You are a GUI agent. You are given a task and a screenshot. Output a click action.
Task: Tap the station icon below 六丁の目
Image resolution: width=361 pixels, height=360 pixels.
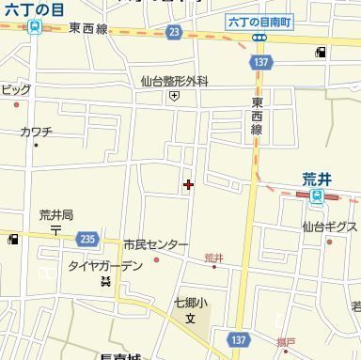tap(35, 27)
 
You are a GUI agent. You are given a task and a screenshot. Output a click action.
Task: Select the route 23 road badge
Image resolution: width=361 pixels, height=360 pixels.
tap(174, 32)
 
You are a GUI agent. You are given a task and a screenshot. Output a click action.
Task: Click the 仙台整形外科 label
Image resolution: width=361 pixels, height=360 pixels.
tap(175, 82)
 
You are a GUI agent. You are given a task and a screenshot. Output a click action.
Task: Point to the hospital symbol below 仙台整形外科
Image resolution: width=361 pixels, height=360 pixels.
tap(175, 96)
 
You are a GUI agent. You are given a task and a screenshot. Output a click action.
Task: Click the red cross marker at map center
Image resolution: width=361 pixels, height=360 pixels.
tap(189, 184)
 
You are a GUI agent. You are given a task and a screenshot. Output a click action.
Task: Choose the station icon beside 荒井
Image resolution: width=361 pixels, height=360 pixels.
tap(317, 196)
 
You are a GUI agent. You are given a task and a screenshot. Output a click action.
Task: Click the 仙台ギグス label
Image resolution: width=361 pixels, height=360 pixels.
tap(329, 227)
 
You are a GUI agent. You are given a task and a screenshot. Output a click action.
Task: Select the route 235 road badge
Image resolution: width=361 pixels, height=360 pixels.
tap(87, 239)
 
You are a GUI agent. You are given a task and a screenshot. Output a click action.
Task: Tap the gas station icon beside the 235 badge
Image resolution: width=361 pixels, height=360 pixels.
tap(13, 240)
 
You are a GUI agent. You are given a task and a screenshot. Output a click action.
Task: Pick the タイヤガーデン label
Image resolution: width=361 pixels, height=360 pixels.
tap(104, 266)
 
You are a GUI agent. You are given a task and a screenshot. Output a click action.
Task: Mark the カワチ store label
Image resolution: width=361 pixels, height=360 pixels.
tap(36, 132)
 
